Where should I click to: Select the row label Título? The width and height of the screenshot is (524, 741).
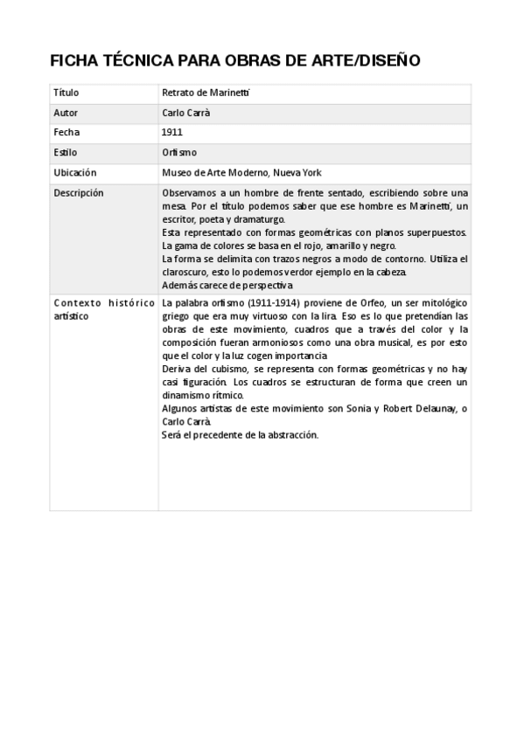[66, 92]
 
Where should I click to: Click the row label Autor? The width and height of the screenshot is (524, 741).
[66, 112]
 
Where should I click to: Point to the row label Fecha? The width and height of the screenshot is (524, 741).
[66, 132]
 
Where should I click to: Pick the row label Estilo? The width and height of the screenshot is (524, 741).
[66, 152]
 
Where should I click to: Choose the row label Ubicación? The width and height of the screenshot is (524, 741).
[74, 172]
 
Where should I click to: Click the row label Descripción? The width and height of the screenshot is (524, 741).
[78, 192]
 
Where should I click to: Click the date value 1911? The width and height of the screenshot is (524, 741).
[171, 132]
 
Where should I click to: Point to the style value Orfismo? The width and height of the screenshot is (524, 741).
[179, 152]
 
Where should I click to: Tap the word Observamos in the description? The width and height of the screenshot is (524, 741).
[189, 192]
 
